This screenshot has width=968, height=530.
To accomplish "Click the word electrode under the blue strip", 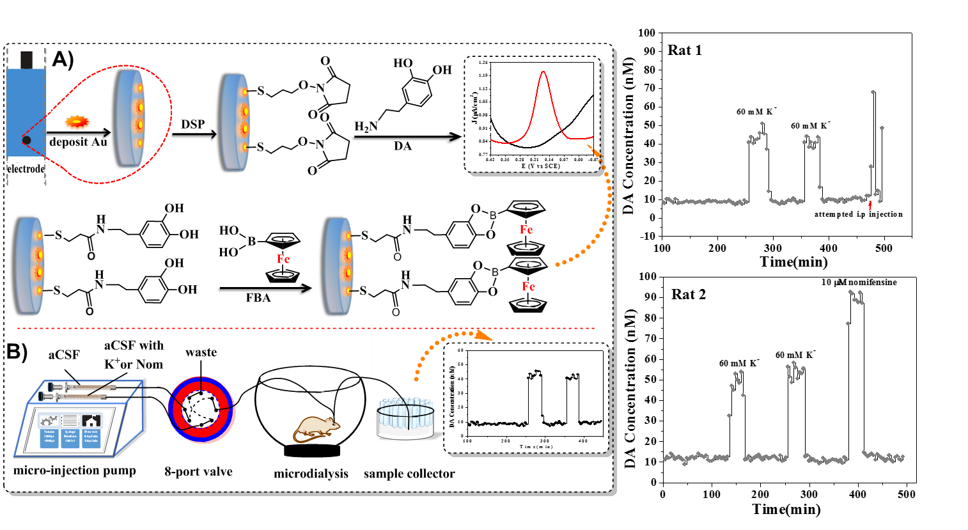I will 26,169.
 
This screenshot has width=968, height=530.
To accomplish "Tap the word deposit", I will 68,142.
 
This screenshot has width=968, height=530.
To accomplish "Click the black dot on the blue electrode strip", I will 26,140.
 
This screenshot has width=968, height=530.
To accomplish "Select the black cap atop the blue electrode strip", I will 26,59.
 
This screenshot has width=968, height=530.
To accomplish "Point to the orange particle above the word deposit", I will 77,120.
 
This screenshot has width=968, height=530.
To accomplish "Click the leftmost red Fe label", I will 283,259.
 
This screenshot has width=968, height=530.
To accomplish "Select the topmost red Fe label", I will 526,230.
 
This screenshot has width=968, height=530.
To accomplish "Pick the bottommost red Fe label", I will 528,287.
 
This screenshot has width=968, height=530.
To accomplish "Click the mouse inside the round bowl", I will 316,428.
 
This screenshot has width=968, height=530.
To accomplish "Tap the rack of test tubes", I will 405,418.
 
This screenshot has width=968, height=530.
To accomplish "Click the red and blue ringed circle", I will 201,410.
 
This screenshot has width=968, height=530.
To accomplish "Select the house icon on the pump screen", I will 91,420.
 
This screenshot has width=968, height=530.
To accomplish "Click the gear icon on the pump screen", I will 49,420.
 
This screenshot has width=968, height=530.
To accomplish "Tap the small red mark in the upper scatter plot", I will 870,205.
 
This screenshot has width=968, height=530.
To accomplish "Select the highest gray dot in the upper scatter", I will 873,92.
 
